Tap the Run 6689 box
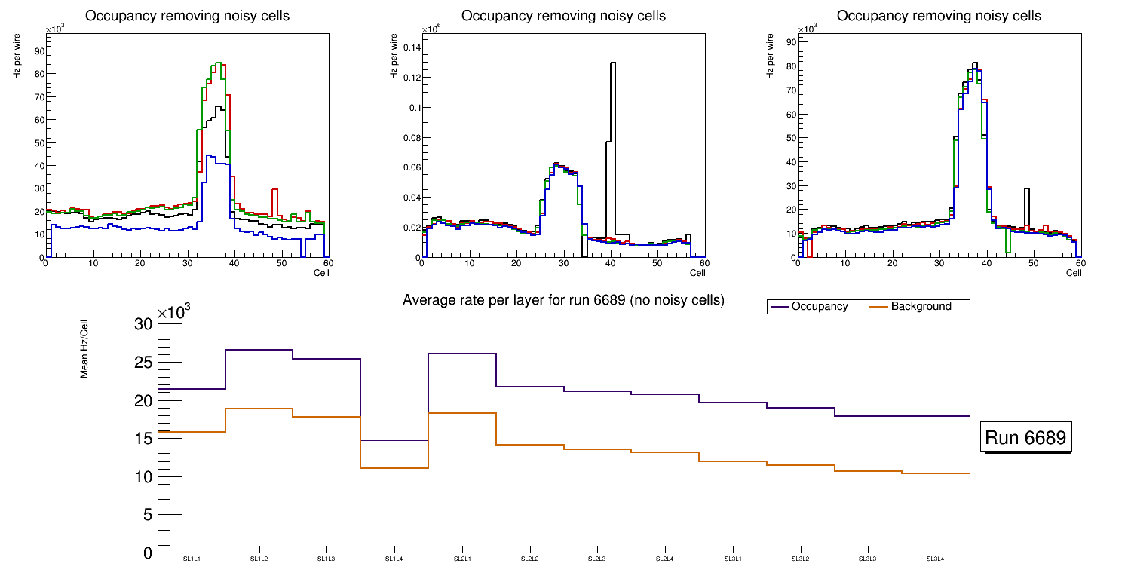(1027, 438)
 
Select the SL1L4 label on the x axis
(394, 559)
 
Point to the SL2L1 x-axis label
(462, 559)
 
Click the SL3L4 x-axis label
(936, 559)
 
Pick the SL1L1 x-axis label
(192, 559)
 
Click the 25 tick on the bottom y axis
(143, 363)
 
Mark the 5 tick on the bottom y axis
(148, 515)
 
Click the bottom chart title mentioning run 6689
(563, 300)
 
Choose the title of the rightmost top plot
(939, 16)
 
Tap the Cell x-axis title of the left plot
(321, 272)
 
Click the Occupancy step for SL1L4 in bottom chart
(394, 440)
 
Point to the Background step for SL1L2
(259, 409)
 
